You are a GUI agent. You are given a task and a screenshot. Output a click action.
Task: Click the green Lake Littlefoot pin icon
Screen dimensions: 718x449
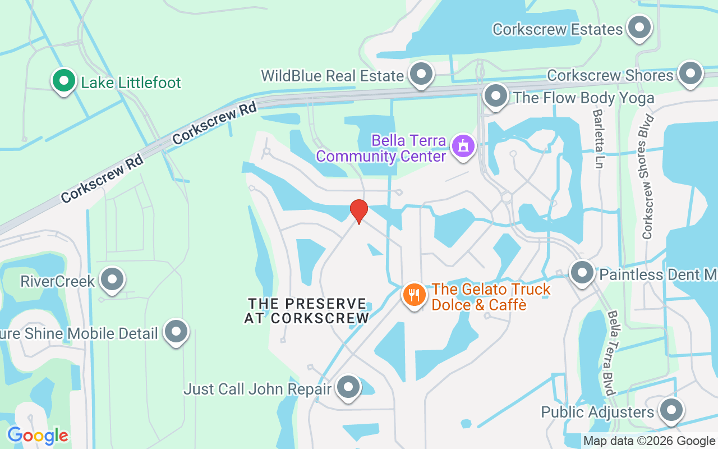64,81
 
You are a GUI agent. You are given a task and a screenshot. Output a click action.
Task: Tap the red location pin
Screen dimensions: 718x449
358,211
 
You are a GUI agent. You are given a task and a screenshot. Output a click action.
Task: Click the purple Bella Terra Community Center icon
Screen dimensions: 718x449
463,146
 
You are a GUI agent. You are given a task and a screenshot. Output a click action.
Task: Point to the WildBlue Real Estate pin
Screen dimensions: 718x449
421,74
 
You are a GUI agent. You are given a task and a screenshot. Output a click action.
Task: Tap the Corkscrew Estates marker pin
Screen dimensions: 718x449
638,28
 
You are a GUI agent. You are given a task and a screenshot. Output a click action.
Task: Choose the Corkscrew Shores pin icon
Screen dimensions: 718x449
690,74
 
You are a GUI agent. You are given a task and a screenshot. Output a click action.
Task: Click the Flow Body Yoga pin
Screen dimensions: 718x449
495,97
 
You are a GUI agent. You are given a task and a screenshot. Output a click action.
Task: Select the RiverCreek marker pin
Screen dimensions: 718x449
112,279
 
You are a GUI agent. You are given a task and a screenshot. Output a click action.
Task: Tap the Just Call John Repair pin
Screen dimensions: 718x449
348,387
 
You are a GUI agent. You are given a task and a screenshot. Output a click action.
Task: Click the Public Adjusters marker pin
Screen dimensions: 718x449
670,411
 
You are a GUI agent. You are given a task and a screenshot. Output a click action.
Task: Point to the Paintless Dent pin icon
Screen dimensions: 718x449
582,273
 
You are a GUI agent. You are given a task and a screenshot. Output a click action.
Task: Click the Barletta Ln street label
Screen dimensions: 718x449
599,139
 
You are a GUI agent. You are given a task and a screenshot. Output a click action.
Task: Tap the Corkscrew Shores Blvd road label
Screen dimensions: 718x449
648,177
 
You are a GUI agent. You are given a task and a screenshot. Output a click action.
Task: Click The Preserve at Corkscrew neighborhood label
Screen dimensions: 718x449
307,310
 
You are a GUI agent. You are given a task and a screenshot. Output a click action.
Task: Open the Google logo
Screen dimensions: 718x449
38,436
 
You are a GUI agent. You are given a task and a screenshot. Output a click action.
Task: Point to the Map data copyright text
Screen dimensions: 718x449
649,441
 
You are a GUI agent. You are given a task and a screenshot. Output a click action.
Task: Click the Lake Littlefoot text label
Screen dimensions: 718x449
131,83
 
